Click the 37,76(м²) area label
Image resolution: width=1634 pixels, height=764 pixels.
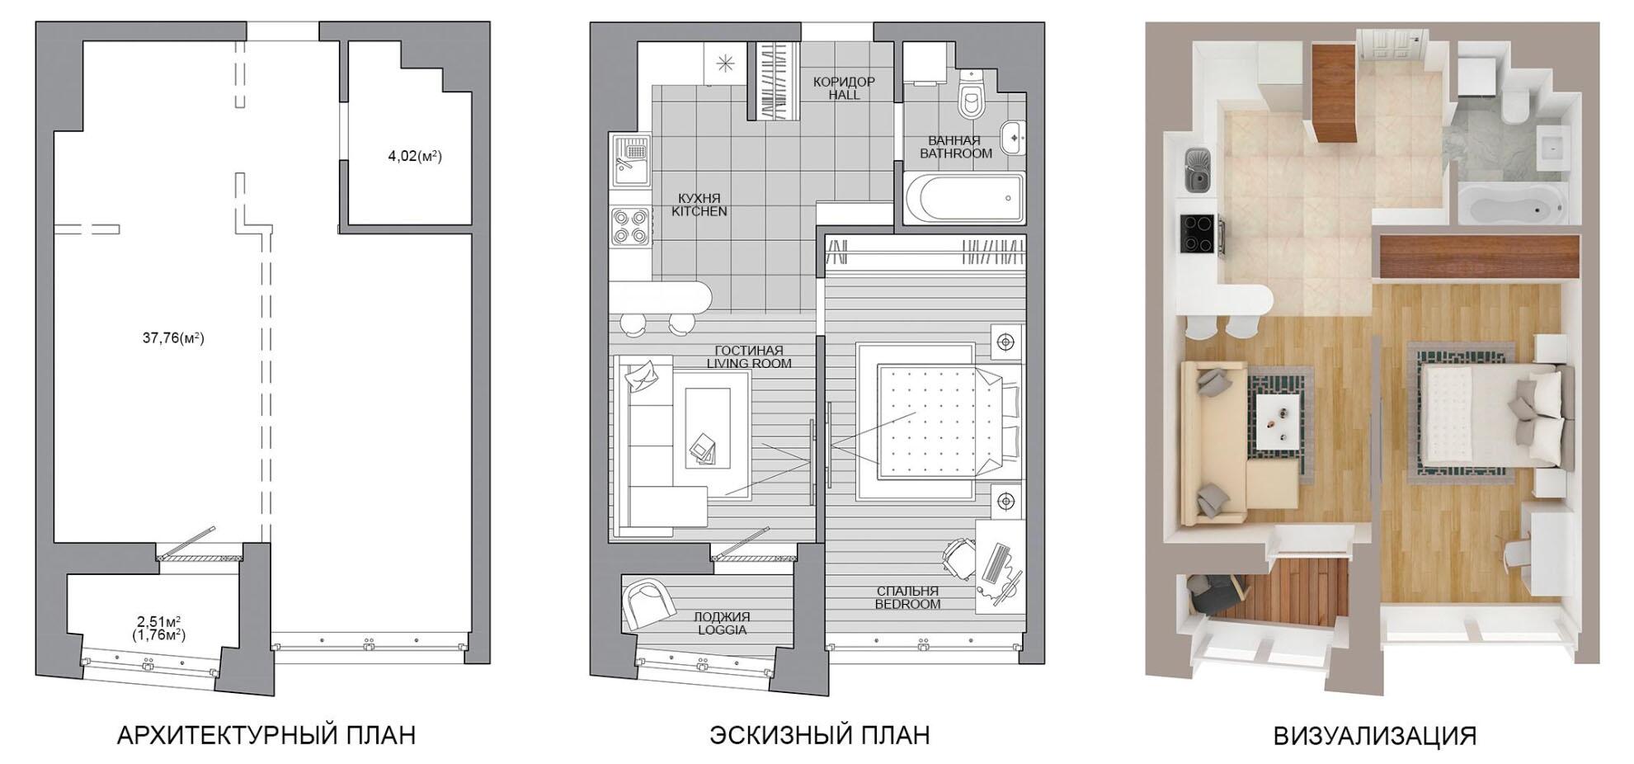[x=173, y=337]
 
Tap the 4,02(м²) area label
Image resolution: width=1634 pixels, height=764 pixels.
[x=415, y=155]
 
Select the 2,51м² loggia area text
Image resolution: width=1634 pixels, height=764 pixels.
[x=159, y=621]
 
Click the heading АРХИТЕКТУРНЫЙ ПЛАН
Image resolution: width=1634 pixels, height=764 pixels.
[x=266, y=735]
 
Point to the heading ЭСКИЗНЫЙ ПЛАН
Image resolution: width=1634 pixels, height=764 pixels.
[x=820, y=735]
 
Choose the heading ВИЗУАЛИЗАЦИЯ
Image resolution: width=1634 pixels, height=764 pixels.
[x=1375, y=735]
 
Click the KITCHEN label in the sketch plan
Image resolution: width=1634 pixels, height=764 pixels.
[x=699, y=211]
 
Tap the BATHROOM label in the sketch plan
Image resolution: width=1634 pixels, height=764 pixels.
[x=956, y=153]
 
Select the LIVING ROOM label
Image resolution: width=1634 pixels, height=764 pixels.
[x=749, y=363]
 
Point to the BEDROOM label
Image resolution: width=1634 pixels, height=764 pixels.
[x=907, y=604]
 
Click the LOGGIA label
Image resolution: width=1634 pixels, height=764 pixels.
[x=722, y=630]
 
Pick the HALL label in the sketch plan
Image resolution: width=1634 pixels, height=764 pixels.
[x=844, y=95]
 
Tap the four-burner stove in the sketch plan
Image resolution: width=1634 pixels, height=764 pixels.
[x=631, y=226]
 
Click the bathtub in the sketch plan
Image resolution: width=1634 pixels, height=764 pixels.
[x=964, y=198]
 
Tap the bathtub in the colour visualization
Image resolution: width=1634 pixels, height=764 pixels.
[x=1511, y=204]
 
